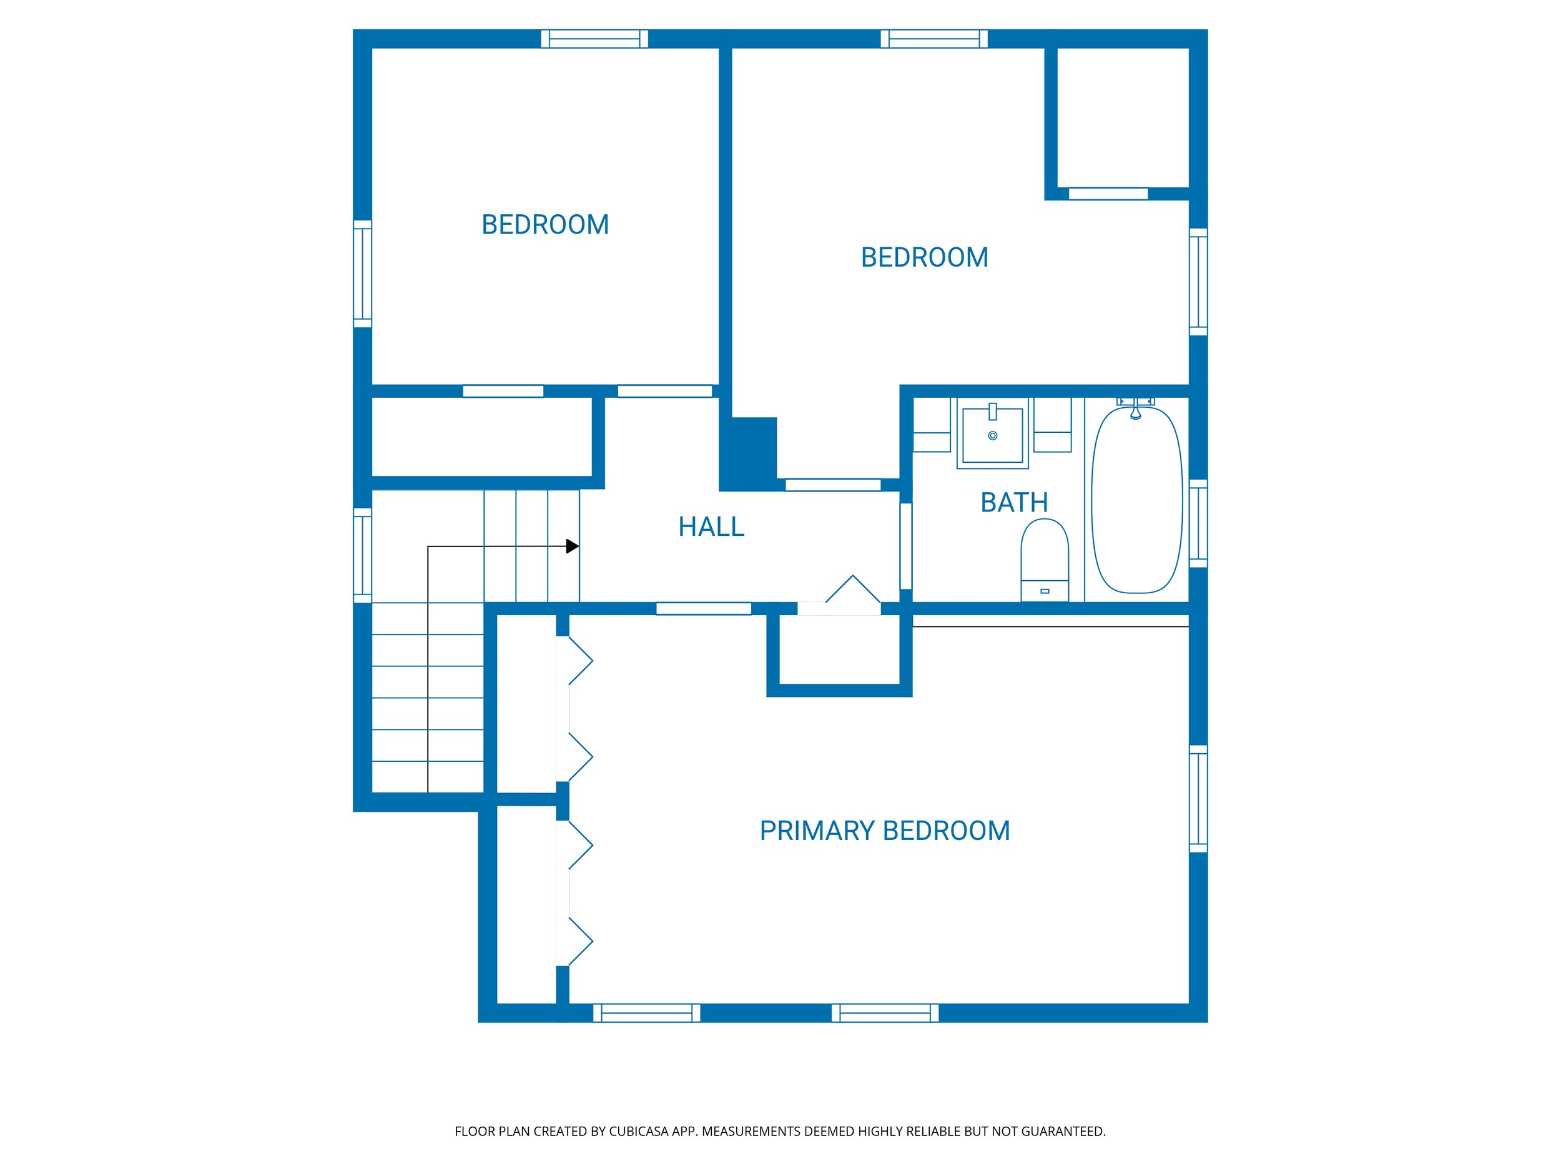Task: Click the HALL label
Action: [711, 526]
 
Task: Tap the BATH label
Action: [1014, 503]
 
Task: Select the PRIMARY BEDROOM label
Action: [884, 831]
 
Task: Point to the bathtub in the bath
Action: [1136, 501]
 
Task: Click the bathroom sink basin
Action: [992, 435]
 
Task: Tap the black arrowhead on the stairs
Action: [573, 546]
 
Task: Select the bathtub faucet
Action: [1135, 410]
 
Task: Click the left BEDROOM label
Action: [545, 224]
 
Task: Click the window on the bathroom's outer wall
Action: [1198, 523]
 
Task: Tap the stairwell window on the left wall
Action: [362, 555]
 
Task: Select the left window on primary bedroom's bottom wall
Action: [646, 1013]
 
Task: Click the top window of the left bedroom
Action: [594, 39]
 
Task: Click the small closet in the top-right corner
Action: [1122, 116]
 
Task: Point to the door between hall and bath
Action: [906, 546]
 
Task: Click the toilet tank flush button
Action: [1045, 591]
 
